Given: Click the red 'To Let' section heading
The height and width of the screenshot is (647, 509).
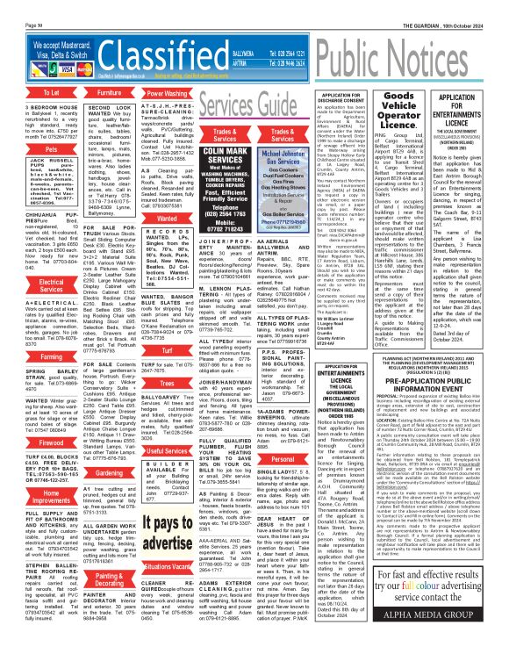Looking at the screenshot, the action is click(x=26, y=91).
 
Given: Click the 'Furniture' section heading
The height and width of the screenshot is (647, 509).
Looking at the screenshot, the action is click(x=85, y=91).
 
